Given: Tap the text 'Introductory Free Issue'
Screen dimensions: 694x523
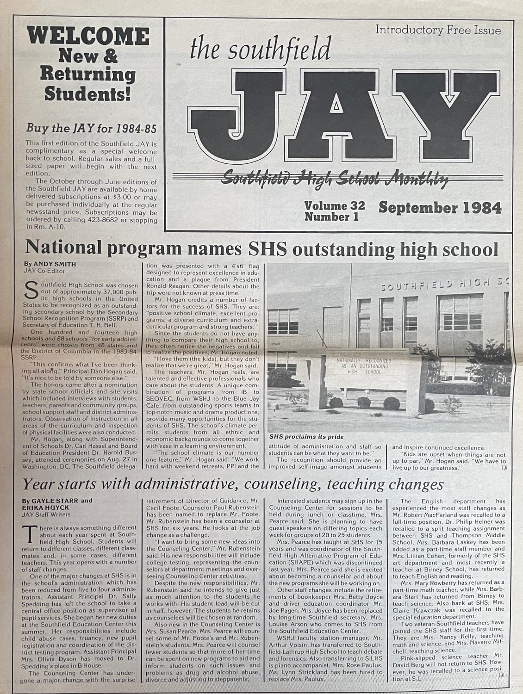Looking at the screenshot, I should [438, 31].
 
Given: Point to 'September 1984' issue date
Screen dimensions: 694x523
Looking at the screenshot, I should [440, 208].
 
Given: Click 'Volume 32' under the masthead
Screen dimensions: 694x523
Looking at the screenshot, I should [334, 205].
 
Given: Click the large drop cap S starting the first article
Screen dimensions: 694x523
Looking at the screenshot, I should [31, 290].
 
